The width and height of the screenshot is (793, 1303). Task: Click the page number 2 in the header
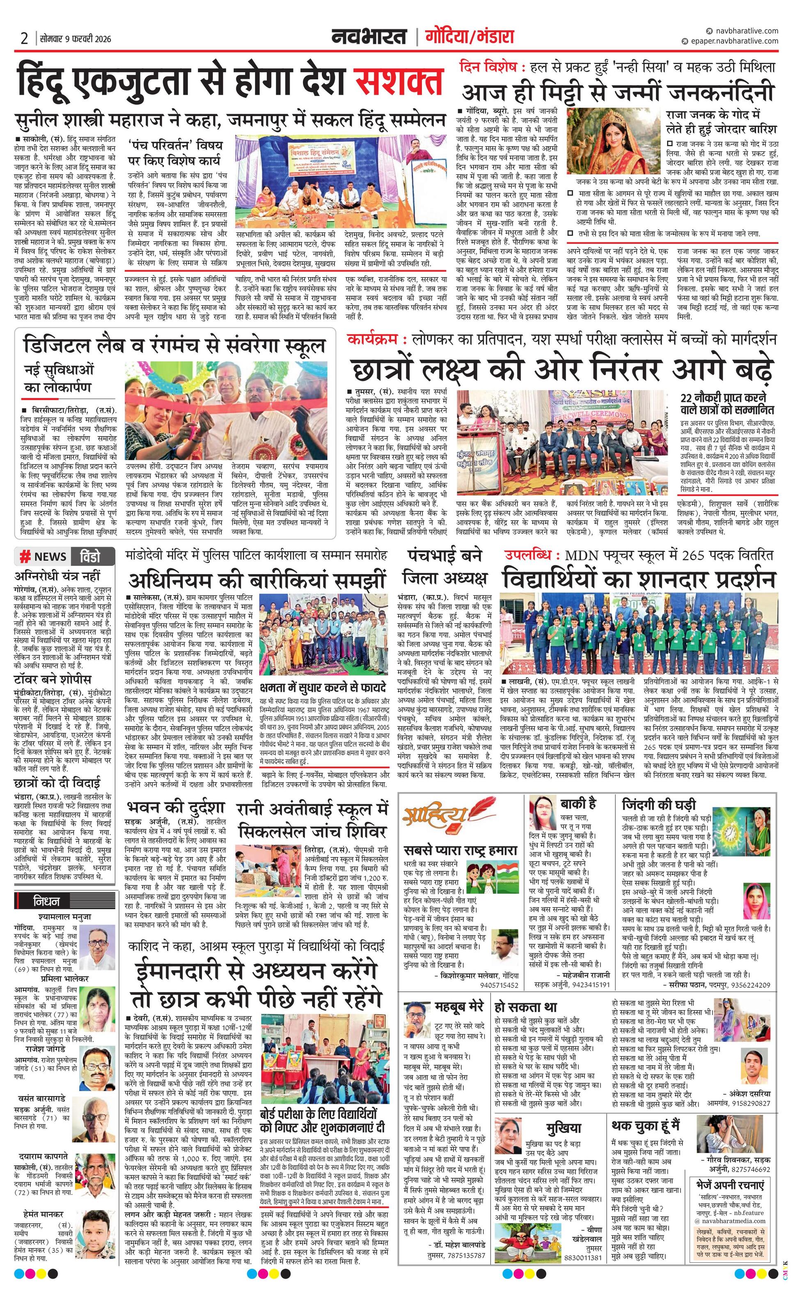(x=24, y=38)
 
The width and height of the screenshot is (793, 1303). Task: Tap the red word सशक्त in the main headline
(x=399, y=79)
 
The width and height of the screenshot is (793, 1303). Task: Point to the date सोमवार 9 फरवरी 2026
(x=76, y=39)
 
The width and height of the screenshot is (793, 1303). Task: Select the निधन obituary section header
(x=46, y=901)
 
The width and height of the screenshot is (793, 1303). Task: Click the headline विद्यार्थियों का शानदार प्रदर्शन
(x=639, y=577)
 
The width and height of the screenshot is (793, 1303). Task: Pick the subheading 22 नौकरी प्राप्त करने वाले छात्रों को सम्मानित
(x=727, y=403)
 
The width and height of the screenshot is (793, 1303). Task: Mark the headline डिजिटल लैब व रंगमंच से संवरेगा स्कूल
(x=174, y=346)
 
